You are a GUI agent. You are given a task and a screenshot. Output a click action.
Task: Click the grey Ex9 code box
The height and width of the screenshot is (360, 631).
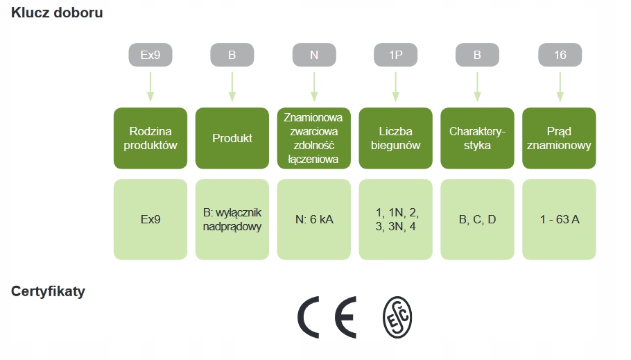pos(150,55)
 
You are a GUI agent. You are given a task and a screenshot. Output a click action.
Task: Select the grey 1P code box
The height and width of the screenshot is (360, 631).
pos(395,55)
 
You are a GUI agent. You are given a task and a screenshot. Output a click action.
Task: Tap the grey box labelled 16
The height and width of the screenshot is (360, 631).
pos(560,55)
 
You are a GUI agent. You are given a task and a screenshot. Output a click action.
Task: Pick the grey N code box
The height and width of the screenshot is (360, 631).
pos(314,55)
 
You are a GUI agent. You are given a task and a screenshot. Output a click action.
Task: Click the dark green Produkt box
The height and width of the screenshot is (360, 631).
pos(232,138)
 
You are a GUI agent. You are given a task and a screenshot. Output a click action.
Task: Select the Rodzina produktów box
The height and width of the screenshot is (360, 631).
pos(150,138)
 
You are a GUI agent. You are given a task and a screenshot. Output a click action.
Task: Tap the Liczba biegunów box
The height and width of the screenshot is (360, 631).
pos(395,138)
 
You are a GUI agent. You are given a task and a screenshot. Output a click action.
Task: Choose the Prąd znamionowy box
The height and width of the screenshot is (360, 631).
pos(559,138)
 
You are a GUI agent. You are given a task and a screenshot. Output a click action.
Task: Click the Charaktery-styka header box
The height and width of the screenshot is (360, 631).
pos(477,138)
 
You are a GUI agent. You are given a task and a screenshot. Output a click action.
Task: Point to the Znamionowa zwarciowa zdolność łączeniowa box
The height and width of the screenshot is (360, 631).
pos(314,138)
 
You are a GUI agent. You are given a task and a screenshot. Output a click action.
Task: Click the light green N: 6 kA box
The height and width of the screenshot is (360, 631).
pos(314,219)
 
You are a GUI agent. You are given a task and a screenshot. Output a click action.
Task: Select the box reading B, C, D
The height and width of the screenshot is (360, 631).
pos(477,219)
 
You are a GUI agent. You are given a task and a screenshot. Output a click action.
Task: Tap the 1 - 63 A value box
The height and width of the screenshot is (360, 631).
pos(559,219)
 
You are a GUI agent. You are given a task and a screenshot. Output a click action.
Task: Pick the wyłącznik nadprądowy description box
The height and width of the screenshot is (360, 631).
pos(232,219)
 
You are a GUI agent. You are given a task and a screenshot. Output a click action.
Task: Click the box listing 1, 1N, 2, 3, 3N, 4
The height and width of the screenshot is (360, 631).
pos(395,219)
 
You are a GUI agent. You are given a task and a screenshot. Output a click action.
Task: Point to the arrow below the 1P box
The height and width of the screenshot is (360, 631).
pos(395,87)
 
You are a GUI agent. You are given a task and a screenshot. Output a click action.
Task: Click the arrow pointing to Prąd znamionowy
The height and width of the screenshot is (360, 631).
pos(560,87)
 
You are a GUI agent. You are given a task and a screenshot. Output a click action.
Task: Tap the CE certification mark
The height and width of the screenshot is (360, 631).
pos(327,317)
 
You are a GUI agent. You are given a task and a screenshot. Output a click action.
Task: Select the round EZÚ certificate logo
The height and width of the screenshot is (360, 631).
pos(397,317)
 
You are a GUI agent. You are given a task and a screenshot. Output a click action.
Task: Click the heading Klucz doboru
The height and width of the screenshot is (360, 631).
pos(57,12)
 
